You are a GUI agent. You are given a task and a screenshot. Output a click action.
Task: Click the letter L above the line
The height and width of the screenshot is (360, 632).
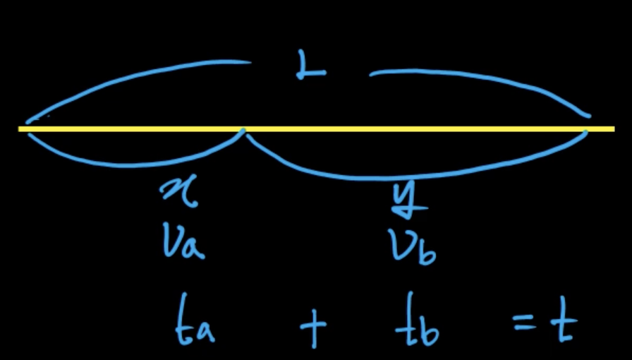pos(310,67)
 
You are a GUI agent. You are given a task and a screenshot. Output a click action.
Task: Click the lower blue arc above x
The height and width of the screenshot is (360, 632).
pos(134,164)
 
